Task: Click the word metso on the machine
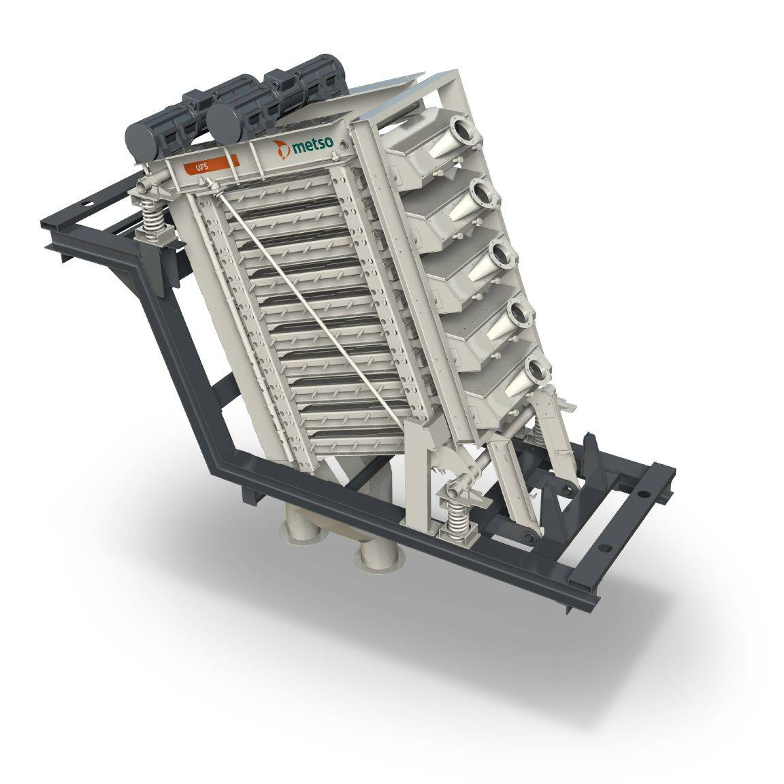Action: point(312,144)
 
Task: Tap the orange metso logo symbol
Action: point(282,149)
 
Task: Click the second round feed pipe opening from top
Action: point(483,192)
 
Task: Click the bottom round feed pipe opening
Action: point(538,370)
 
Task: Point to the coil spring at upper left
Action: point(152,220)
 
